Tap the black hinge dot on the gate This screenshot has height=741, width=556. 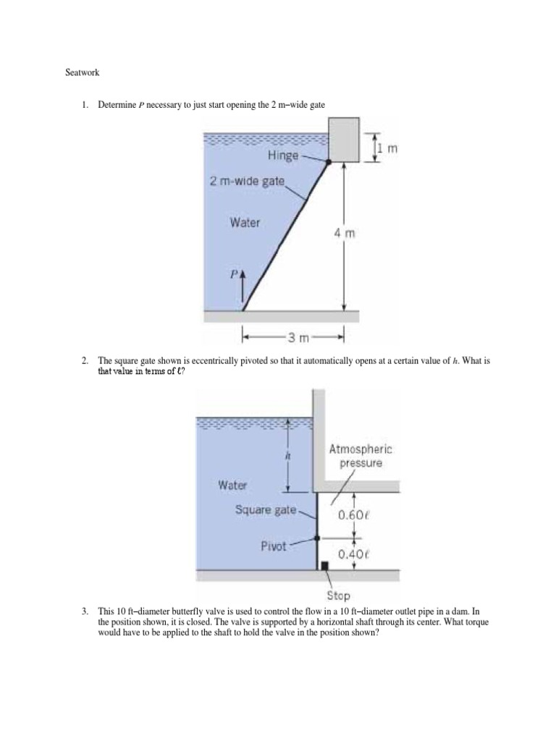329,163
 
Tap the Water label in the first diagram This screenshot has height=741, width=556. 245,223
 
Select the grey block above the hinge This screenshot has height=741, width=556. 345,138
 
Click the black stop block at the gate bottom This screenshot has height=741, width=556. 324,565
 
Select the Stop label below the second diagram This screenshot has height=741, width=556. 338,596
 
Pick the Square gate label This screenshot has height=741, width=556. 266,509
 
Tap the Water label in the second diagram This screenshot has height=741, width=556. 232,484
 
